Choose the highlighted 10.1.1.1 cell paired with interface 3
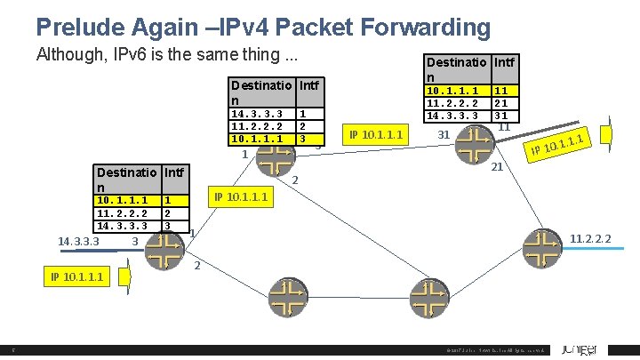click(257, 140)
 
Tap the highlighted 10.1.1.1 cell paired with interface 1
click(124, 201)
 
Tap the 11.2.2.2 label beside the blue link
click(594, 238)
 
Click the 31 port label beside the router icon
click(444, 135)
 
